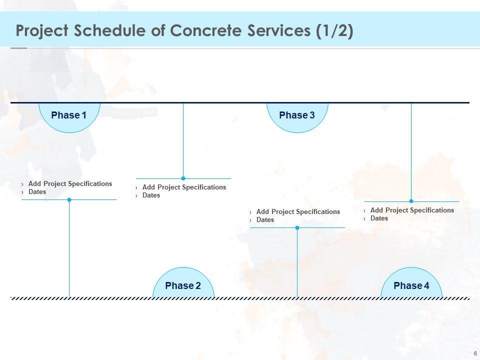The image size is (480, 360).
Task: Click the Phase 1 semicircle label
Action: pyautogui.click(x=69, y=115)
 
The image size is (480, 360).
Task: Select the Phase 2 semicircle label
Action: pyautogui.click(x=183, y=285)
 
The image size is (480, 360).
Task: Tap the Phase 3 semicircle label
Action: pyautogui.click(x=297, y=115)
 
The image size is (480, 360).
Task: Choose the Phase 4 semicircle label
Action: pyautogui.click(x=411, y=285)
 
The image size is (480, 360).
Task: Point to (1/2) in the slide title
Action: pyautogui.click(x=334, y=31)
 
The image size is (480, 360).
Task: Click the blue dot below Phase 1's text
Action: pyautogui.click(x=69, y=199)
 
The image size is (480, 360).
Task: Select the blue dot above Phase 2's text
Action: pyautogui.click(x=183, y=178)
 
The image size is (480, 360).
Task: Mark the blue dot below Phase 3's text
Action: pyautogui.click(x=297, y=227)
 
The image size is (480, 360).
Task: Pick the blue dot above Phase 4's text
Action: pyautogui.click(x=411, y=201)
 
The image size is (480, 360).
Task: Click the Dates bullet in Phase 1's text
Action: pyautogui.click(x=37, y=192)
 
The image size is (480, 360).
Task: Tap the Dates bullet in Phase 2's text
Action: pyautogui.click(x=151, y=195)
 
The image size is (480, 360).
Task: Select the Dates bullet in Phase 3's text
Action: pyautogui.click(x=265, y=220)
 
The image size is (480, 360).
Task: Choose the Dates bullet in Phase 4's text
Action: pyautogui.click(x=379, y=218)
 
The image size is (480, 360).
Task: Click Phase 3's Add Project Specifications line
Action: pyautogui.click(x=298, y=212)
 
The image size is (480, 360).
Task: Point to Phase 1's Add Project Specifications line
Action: pyautogui.click(x=70, y=184)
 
